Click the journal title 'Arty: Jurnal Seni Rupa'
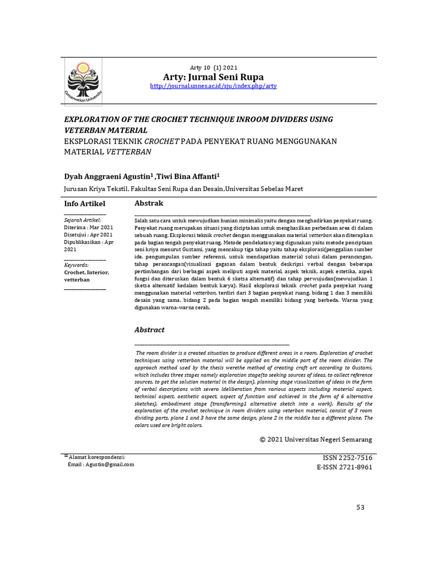(213, 77)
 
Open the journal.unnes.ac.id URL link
(213, 87)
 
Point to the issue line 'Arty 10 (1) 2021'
(213, 68)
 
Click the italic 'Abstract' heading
(150, 330)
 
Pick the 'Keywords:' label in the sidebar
(77, 265)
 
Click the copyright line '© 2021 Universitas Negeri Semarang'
(316, 439)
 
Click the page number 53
(360, 507)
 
